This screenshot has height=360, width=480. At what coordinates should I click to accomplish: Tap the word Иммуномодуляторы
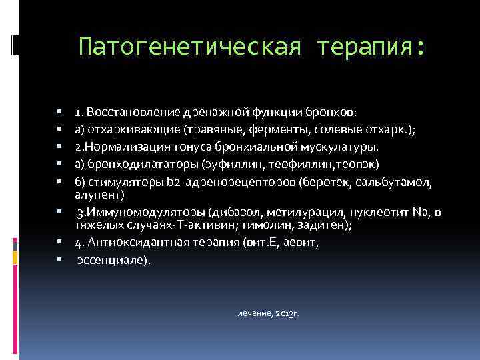pos(145,213)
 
